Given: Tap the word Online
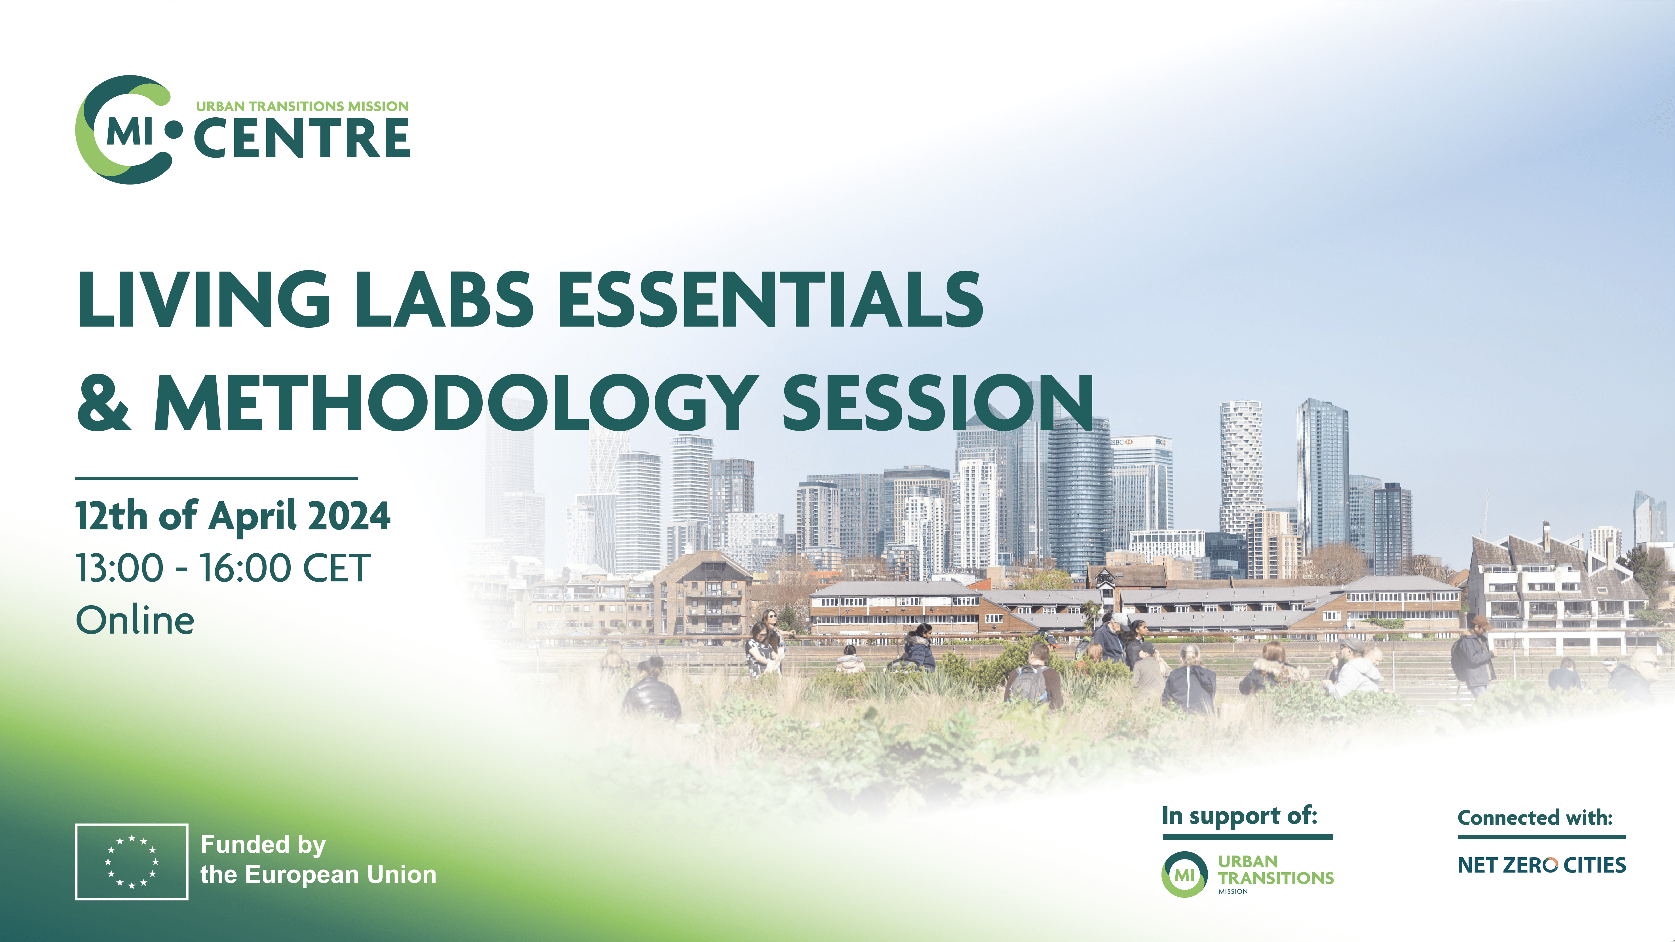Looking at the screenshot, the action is point(135,620).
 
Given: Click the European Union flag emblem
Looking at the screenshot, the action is point(132,861).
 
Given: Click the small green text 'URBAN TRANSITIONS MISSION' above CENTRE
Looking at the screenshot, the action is point(302,106).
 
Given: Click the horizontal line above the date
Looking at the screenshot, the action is point(217,479).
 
